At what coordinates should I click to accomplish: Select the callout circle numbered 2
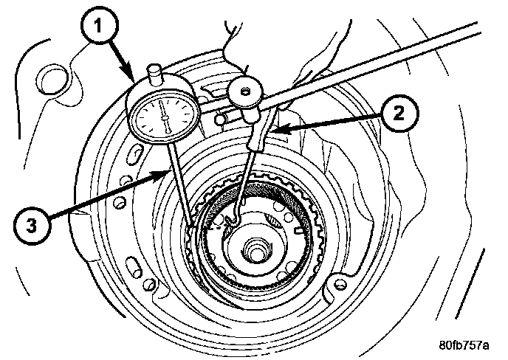click(x=397, y=114)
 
